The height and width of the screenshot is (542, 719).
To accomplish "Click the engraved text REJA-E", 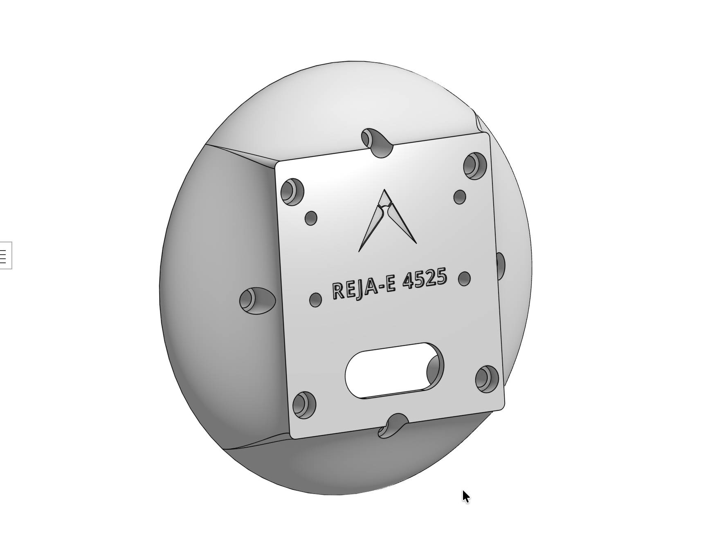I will point(364,287).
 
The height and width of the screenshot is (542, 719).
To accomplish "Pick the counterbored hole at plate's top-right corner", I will point(474,166).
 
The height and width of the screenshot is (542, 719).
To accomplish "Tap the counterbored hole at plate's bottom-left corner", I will point(304,405).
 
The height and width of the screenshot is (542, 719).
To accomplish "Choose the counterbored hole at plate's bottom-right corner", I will point(487,379).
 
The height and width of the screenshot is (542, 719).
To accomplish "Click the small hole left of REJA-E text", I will point(315,300).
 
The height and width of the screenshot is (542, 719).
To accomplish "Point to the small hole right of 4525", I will point(464,279).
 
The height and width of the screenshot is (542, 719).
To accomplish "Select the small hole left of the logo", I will point(311,218).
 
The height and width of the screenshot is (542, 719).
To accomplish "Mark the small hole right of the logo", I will point(460,197).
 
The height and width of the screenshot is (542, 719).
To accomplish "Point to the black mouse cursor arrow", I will point(465,496).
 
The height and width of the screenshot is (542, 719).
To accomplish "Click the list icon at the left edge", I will point(4,255).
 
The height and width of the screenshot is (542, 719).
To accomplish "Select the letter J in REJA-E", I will point(358,289).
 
